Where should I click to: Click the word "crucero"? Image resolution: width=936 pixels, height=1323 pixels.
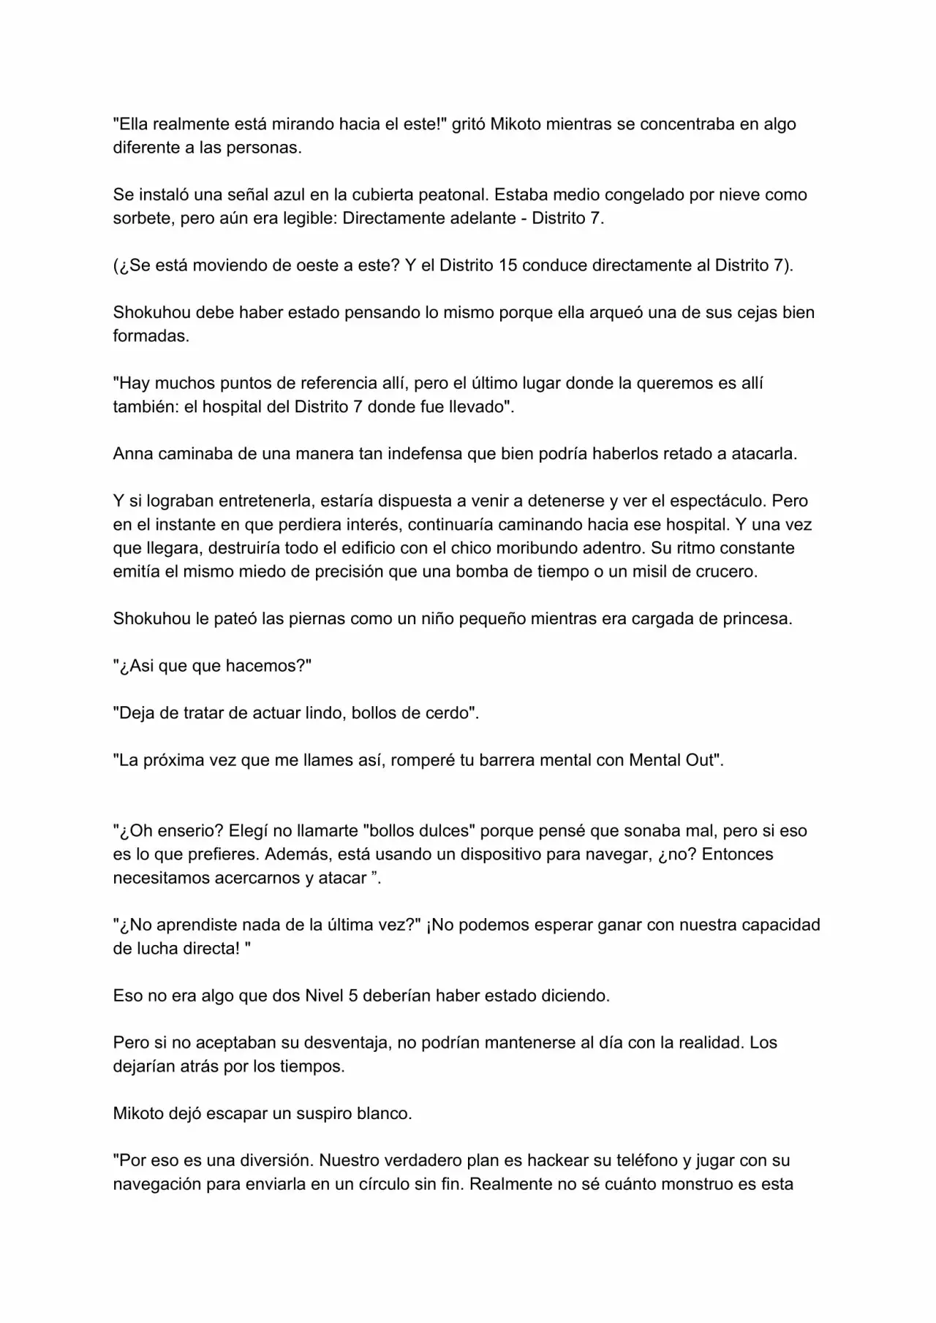click(725, 572)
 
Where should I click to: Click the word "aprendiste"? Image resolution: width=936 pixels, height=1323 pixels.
click(195, 925)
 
